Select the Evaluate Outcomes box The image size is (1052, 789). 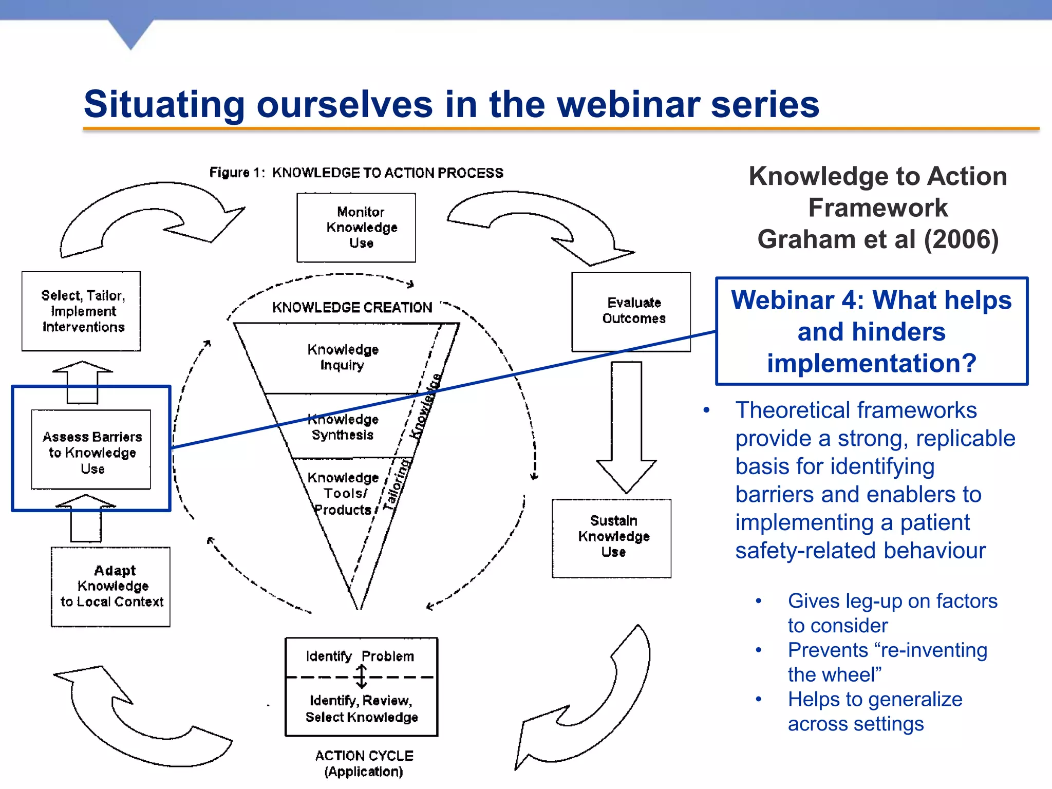(x=631, y=311)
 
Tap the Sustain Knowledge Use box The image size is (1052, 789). (x=611, y=537)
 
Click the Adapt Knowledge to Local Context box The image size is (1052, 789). (x=111, y=586)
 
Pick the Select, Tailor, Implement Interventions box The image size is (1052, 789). (x=81, y=311)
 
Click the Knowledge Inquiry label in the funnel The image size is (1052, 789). (x=343, y=357)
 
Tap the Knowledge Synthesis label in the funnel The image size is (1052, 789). (x=343, y=427)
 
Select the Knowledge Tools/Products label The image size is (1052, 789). (x=343, y=493)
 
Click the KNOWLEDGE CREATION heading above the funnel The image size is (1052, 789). (x=352, y=307)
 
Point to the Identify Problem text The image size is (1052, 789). (x=360, y=656)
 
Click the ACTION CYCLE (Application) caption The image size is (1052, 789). (x=364, y=763)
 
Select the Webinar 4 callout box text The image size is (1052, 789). (x=871, y=331)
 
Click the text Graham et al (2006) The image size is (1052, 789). (x=877, y=239)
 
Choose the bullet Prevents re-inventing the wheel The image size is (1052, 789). (x=887, y=662)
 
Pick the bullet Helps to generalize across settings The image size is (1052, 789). (x=875, y=711)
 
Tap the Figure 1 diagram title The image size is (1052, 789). (x=356, y=173)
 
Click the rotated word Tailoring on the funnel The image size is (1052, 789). (x=398, y=484)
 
